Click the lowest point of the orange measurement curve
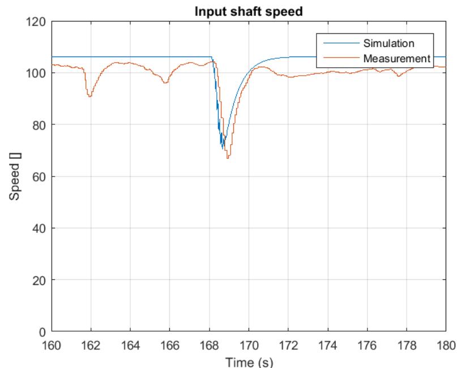tap(228, 158)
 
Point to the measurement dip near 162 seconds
tap(89, 97)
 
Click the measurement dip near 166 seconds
tap(165, 83)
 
